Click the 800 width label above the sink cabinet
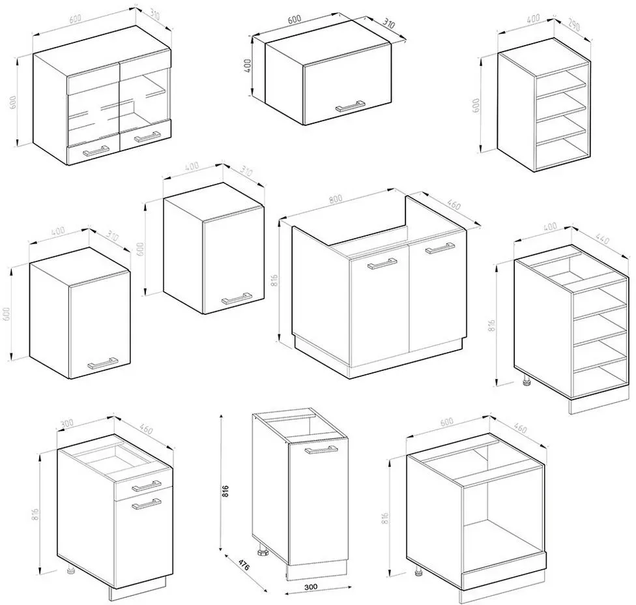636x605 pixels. [x=336, y=199]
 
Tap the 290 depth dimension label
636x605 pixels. [x=573, y=25]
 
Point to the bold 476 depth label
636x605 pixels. [x=243, y=565]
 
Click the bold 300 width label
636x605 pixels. [x=310, y=587]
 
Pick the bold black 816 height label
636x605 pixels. [x=226, y=491]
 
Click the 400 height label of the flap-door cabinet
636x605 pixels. [x=248, y=66]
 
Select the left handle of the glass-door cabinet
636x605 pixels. [x=96, y=151]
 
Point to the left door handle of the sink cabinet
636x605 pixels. [x=382, y=263]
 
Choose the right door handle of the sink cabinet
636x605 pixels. [x=440, y=248]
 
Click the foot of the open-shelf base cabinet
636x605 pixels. [x=527, y=381]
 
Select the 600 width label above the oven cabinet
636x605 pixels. [x=446, y=422]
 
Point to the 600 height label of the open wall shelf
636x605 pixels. [x=476, y=105]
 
